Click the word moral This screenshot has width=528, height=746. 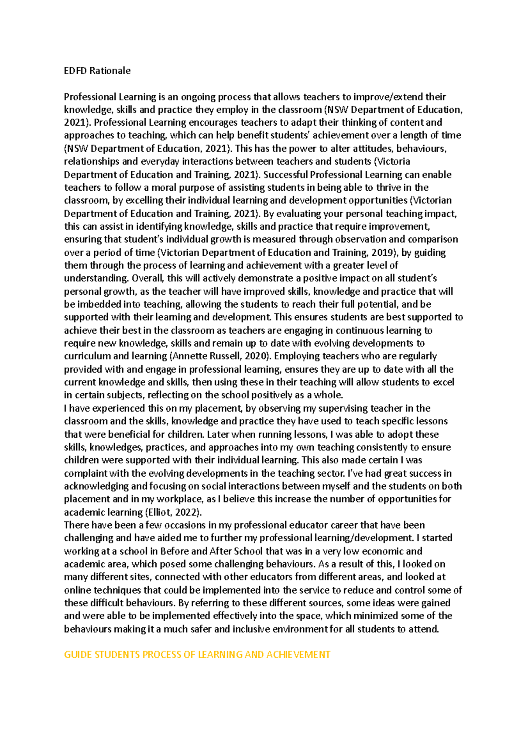[x=164, y=188]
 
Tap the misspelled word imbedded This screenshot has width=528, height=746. [x=99, y=304]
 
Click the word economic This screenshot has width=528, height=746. [x=382, y=551]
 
